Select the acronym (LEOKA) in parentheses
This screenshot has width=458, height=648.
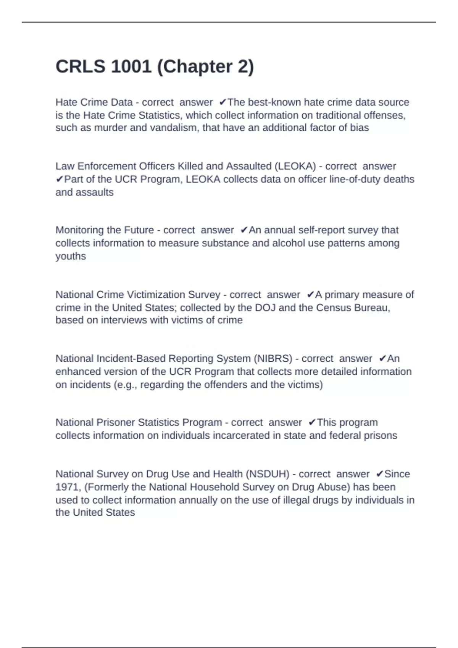(x=295, y=166)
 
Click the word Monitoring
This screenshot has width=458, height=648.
(x=80, y=230)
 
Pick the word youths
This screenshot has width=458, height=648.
(x=71, y=256)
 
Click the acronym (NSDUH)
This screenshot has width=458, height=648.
(x=268, y=474)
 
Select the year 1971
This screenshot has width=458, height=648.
(x=67, y=487)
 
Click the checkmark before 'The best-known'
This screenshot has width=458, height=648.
(x=223, y=103)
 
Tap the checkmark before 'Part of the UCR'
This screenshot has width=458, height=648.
(x=60, y=179)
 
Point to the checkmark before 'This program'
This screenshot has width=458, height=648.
(x=312, y=423)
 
